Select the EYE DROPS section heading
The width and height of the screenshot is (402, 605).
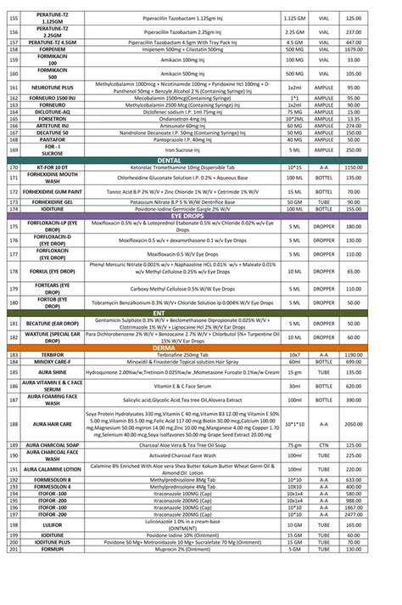201,217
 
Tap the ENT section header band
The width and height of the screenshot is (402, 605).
201,313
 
